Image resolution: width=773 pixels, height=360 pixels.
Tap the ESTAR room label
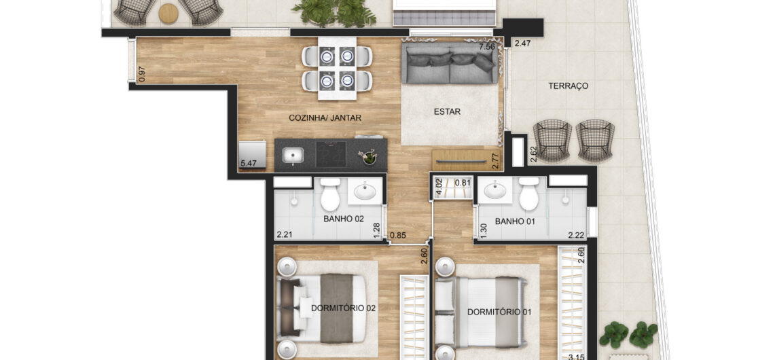[447, 112]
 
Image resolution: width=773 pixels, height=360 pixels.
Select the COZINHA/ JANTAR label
[325, 118]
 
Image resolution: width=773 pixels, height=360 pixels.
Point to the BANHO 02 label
[344, 219]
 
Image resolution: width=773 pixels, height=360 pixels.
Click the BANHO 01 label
[515, 221]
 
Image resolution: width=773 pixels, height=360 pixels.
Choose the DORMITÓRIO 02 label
[344, 308]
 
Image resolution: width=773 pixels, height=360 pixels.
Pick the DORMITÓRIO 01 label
[499, 312]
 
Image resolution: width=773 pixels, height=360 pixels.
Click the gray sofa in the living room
[450, 63]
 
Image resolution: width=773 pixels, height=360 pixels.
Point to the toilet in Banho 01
[528, 194]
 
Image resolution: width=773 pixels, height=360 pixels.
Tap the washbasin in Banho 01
[494, 190]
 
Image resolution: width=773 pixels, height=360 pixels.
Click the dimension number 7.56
[486, 47]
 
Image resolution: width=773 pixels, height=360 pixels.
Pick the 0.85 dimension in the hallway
[398, 236]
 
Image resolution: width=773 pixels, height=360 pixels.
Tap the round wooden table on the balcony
[168, 14]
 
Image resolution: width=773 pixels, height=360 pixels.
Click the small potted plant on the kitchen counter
[368, 157]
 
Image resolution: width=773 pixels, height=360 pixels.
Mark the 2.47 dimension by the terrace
[522, 44]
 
